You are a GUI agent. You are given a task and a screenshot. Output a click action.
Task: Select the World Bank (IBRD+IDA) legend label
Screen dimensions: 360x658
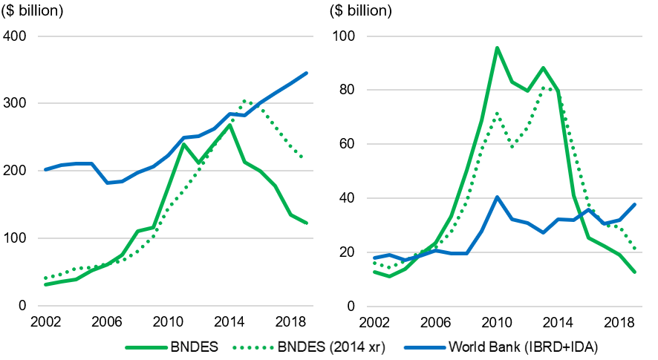pos(524,347)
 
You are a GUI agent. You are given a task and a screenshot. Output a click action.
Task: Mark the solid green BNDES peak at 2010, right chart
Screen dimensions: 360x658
pos(496,48)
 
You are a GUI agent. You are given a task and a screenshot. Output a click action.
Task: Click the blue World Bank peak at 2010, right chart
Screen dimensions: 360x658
pos(496,197)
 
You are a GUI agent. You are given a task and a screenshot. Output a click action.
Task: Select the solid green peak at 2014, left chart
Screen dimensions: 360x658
pos(230,125)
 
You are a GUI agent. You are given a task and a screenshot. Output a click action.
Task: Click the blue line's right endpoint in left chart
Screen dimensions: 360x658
pos(306,73)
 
